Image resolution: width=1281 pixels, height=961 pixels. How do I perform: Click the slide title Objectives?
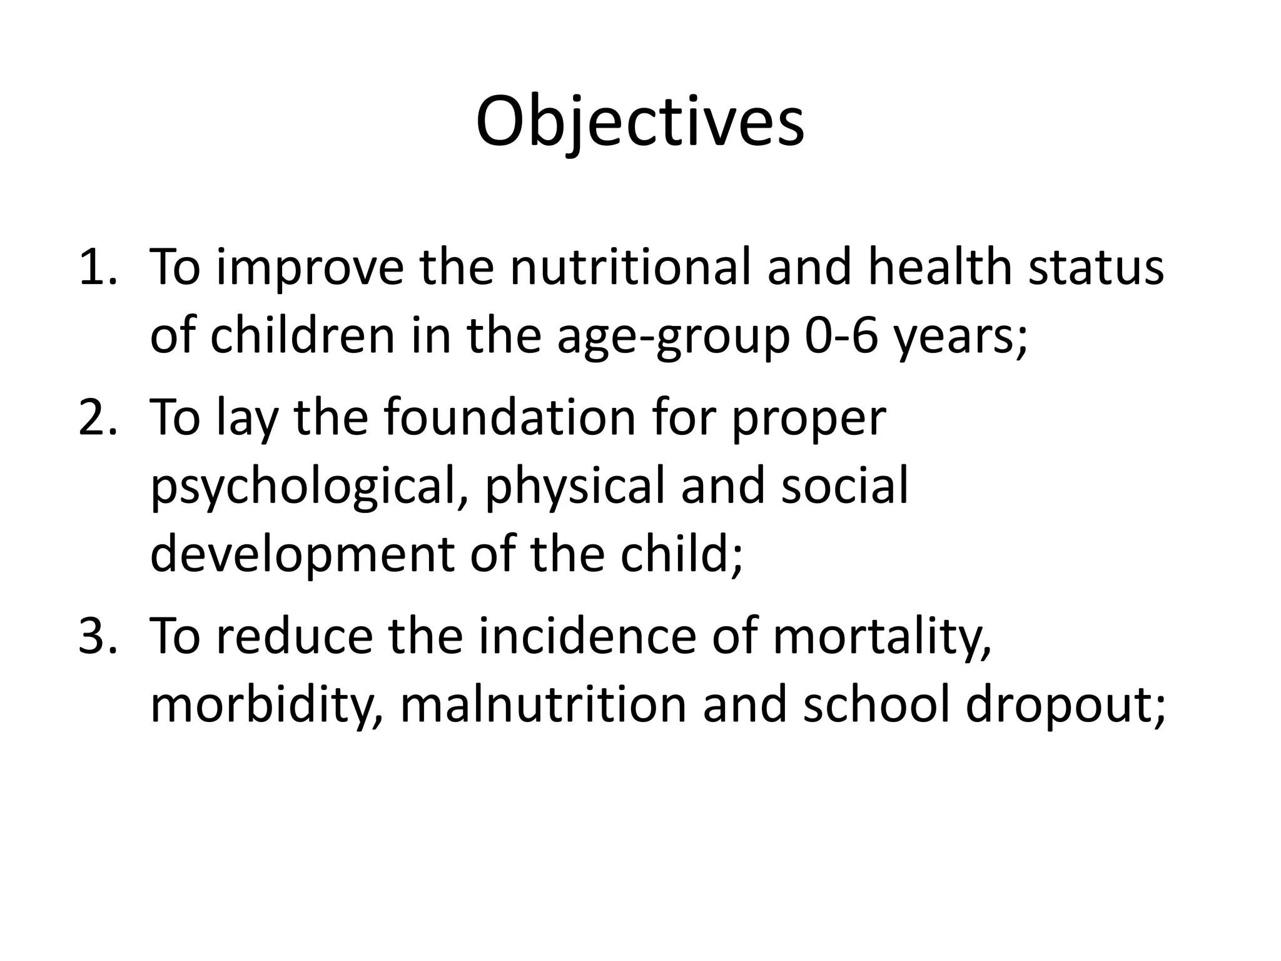[640, 122]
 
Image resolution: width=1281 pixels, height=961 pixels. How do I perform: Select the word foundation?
[510, 418]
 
